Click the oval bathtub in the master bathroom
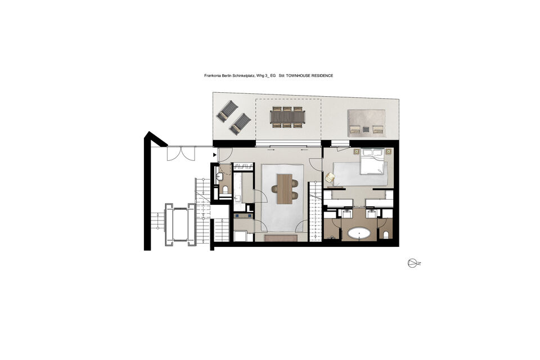[x=359, y=234]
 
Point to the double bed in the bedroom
[x=372, y=161]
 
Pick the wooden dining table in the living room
[x=285, y=189]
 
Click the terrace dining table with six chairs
[x=288, y=117]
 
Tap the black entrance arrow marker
[x=214, y=155]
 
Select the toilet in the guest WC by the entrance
[x=226, y=189]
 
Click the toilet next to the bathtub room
[x=386, y=235]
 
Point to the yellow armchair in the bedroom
[x=330, y=177]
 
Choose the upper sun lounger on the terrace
[x=227, y=111]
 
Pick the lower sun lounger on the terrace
[x=240, y=124]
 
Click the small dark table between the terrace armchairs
[x=366, y=129]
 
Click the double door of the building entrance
[x=181, y=154]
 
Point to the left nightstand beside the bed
[x=355, y=151]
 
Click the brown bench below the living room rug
[x=281, y=238]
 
